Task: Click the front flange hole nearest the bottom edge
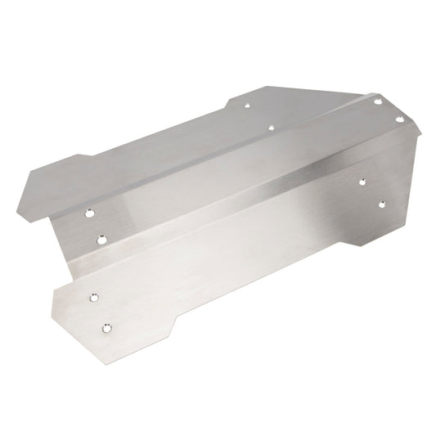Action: (x=106, y=328)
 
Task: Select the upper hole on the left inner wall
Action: (x=89, y=213)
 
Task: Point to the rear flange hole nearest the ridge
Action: (x=272, y=128)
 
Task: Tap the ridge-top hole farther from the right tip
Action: (x=378, y=101)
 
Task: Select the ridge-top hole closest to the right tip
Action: (x=400, y=119)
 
